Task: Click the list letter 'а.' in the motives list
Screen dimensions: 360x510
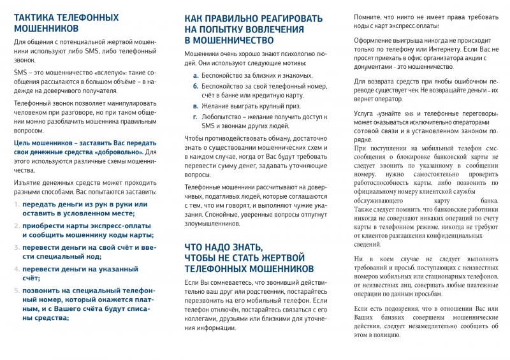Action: pyautogui.click(x=195, y=76)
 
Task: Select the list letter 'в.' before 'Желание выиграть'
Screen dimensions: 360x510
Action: pyautogui.click(x=195, y=106)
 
